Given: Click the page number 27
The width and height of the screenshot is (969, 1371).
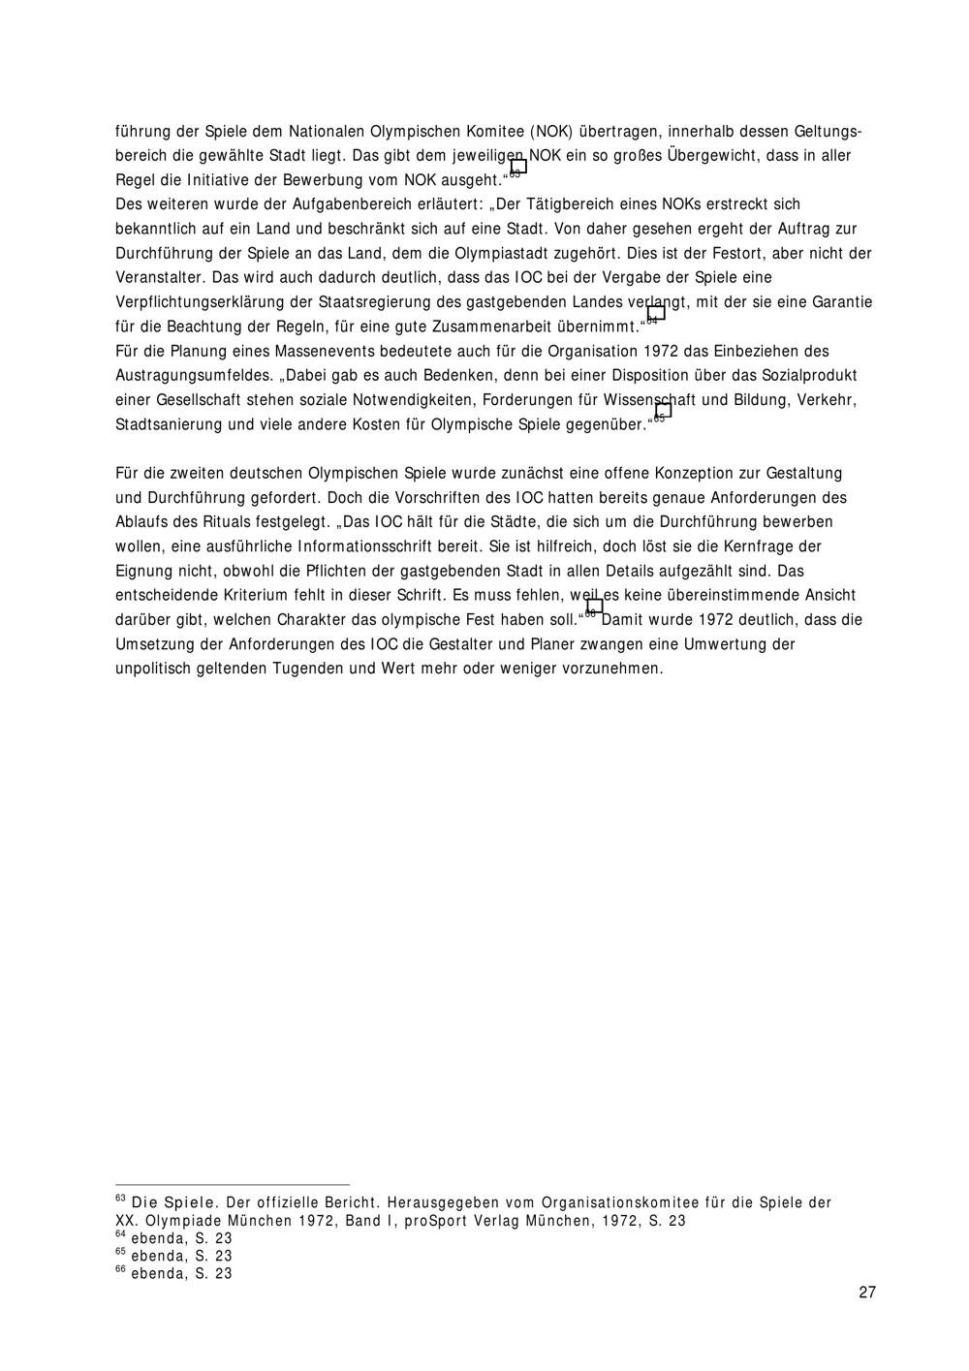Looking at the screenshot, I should [x=866, y=1292].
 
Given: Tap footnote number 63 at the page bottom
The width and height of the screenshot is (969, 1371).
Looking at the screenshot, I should [x=121, y=1199].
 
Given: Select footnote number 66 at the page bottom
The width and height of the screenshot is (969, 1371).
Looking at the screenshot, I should [x=121, y=1269].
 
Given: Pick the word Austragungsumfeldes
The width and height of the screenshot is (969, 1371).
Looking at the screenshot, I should [x=192, y=375].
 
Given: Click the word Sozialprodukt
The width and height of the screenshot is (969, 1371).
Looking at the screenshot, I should [x=810, y=375].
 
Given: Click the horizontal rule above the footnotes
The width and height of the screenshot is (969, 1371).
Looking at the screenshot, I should [x=233, y=1184].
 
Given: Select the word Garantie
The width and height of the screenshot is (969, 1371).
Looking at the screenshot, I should [x=842, y=302].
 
